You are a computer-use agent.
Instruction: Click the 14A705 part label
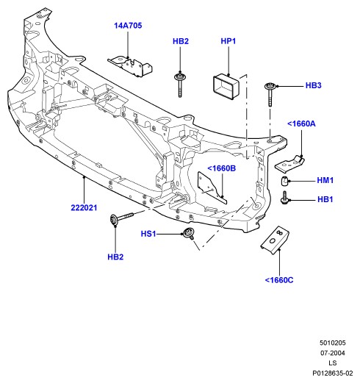(128, 26)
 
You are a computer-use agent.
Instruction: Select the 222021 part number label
(84, 208)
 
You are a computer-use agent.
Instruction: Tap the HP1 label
(228, 41)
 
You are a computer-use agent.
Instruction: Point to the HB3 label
(313, 85)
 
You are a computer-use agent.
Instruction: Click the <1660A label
(301, 124)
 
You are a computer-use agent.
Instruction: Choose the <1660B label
(222, 168)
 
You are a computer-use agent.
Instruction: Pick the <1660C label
(279, 280)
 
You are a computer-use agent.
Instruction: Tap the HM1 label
(325, 180)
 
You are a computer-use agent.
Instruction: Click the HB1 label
(325, 199)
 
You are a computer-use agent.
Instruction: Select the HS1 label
(148, 234)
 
